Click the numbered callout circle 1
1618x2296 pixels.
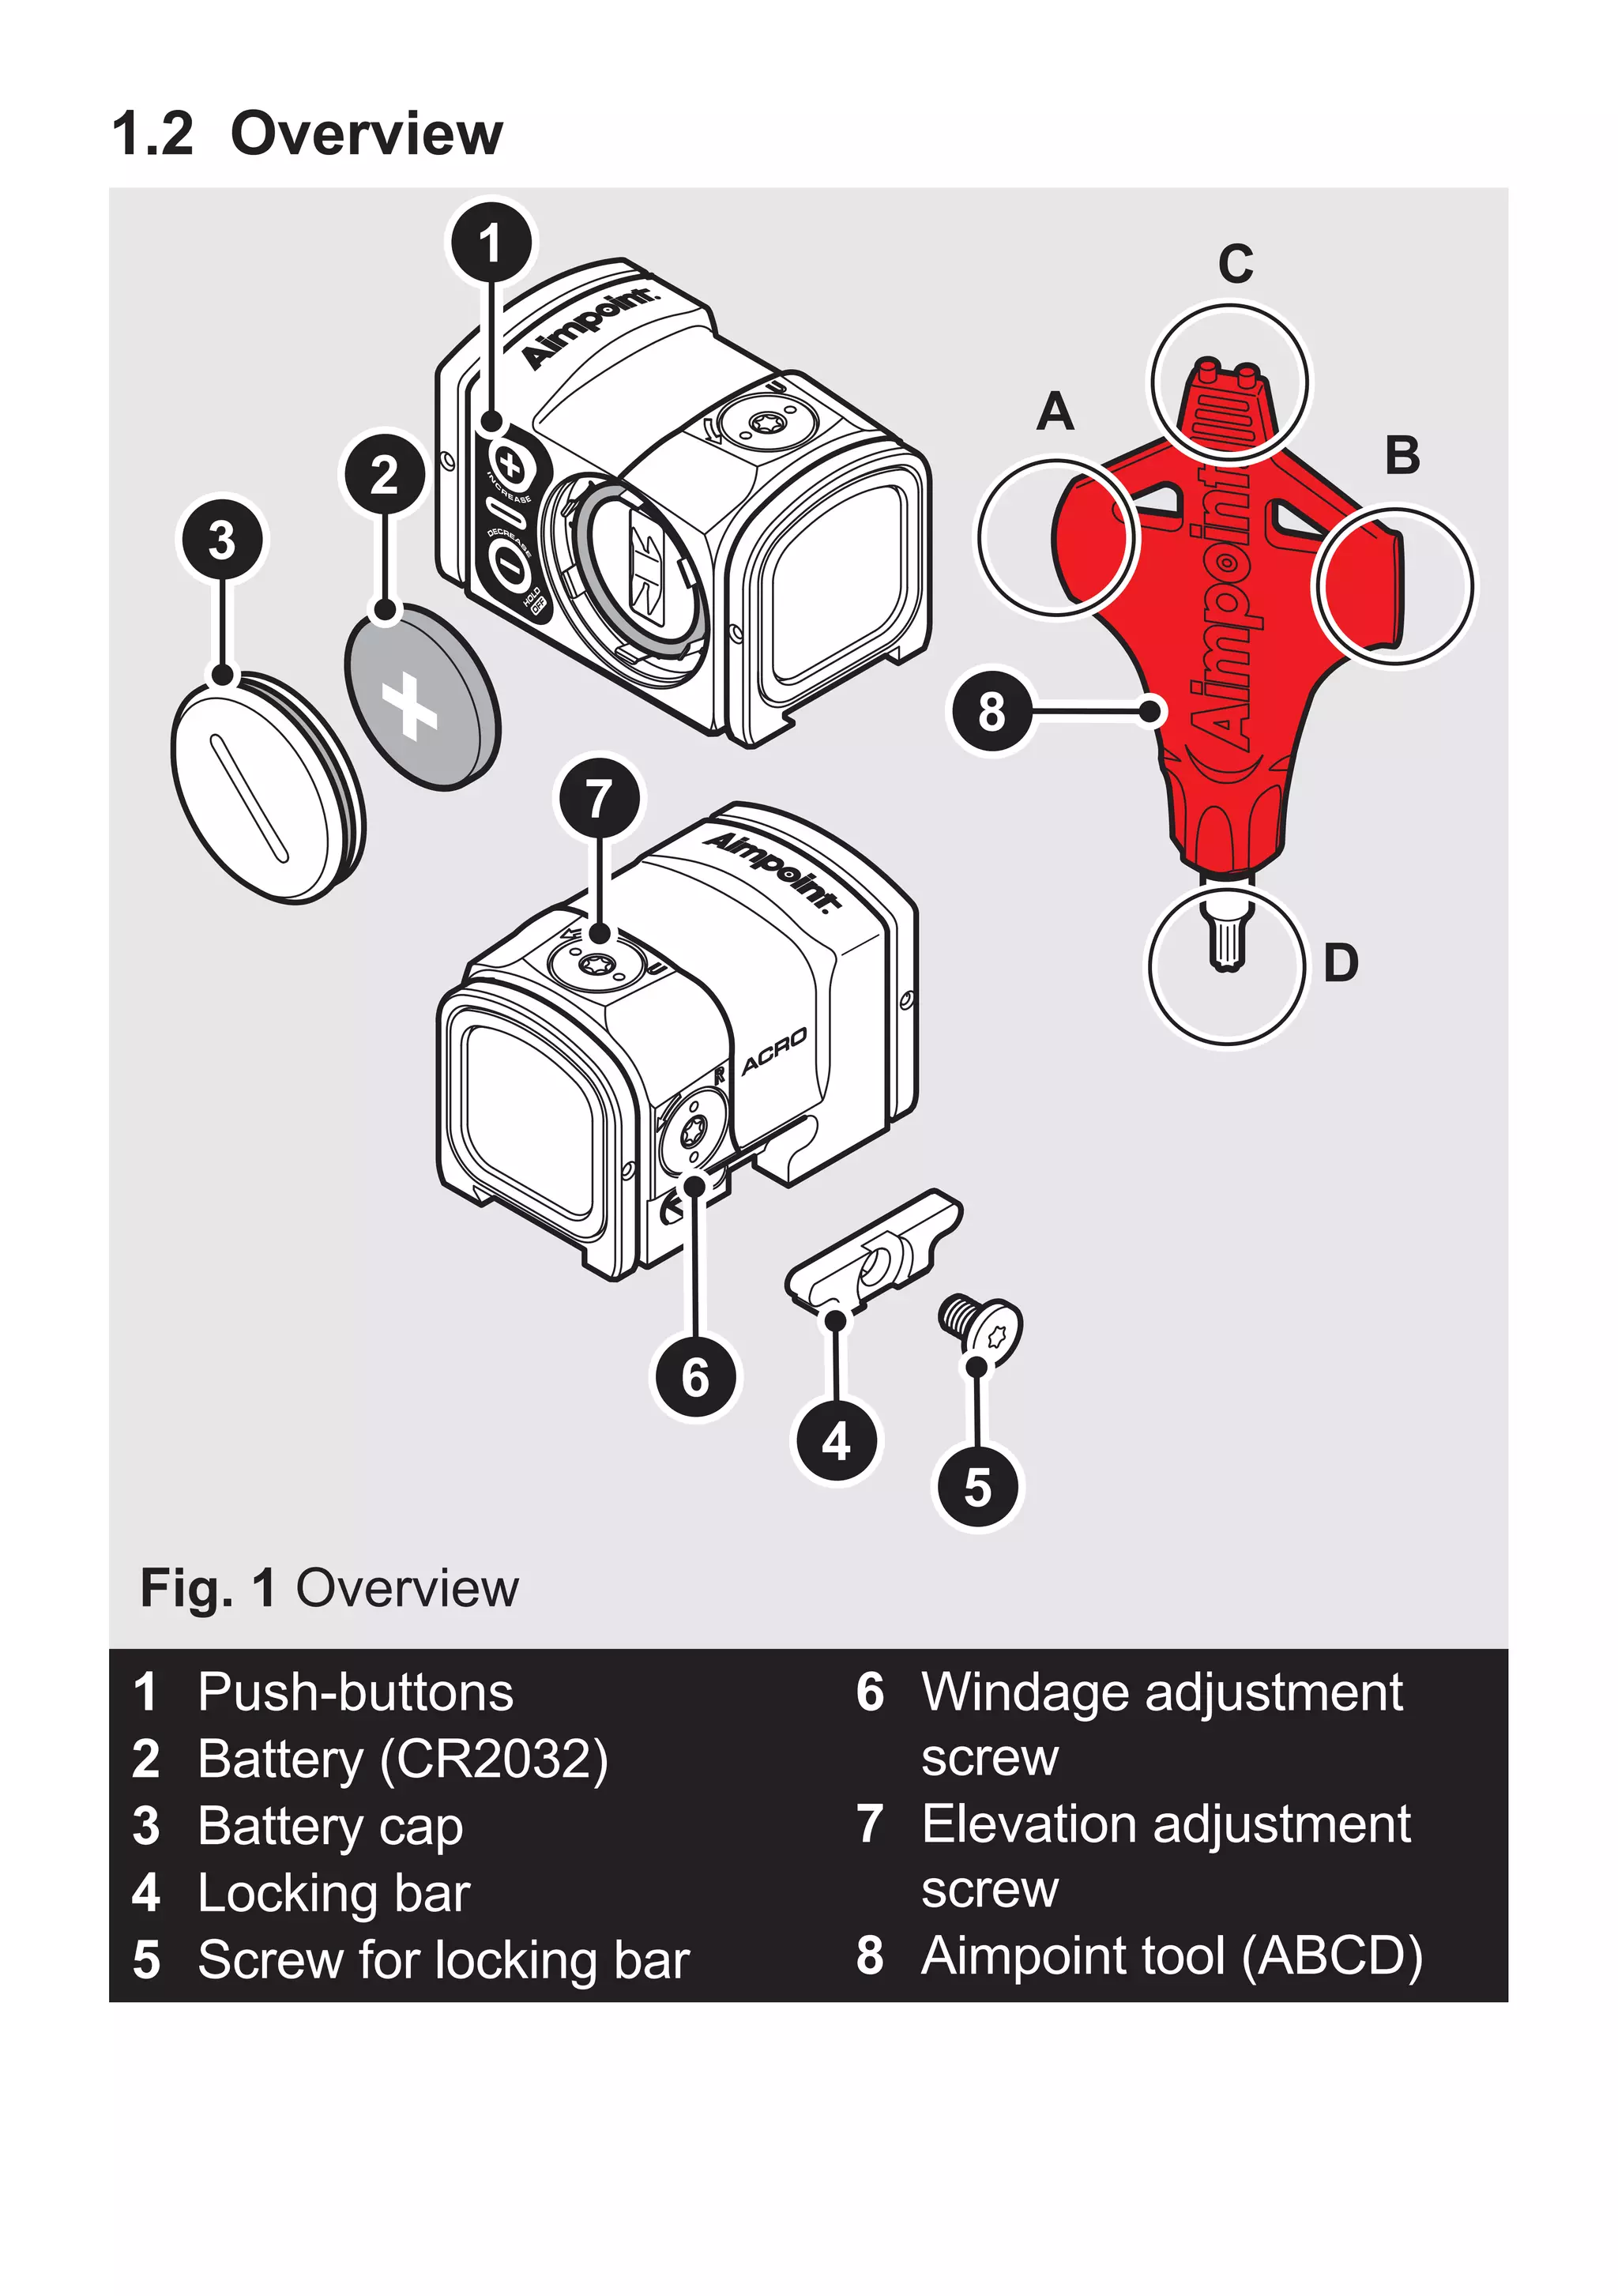point(490,243)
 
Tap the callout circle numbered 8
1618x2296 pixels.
point(991,711)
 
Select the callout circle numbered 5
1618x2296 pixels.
point(977,1487)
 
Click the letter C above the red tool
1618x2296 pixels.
point(1235,265)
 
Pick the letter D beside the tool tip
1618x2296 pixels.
point(1340,963)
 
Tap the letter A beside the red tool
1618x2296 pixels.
point(1055,412)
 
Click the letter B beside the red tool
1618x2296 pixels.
point(1402,455)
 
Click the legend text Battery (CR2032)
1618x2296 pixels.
point(402,1758)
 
